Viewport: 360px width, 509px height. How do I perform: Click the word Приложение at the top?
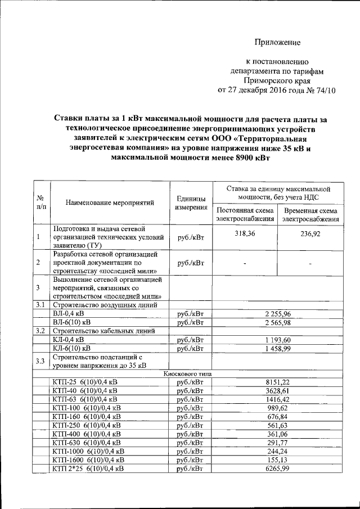(277, 42)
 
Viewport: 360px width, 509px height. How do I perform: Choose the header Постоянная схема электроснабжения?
(245, 214)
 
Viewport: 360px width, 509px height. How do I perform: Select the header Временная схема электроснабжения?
(310, 214)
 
